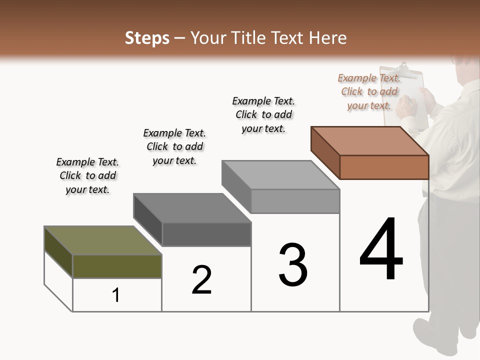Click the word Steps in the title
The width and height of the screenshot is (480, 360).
tap(147, 38)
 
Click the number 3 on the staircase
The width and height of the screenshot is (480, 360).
tap(293, 265)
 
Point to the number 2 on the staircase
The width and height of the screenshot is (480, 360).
tap(201, 280)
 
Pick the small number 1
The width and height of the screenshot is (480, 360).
tap(116, 295)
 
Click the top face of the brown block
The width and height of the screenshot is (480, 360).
tap(370, 141)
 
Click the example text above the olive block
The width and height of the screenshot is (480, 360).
tap(87, 175)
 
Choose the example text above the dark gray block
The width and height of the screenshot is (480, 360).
tap(174, 146)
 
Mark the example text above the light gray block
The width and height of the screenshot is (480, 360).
tap(263, 114)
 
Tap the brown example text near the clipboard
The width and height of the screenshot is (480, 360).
tap(369, 91)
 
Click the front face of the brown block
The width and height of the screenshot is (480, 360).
tap(384, 167)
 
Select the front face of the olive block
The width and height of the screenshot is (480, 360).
tap(117, 266)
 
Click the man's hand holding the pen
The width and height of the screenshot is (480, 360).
tap(406, 105)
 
